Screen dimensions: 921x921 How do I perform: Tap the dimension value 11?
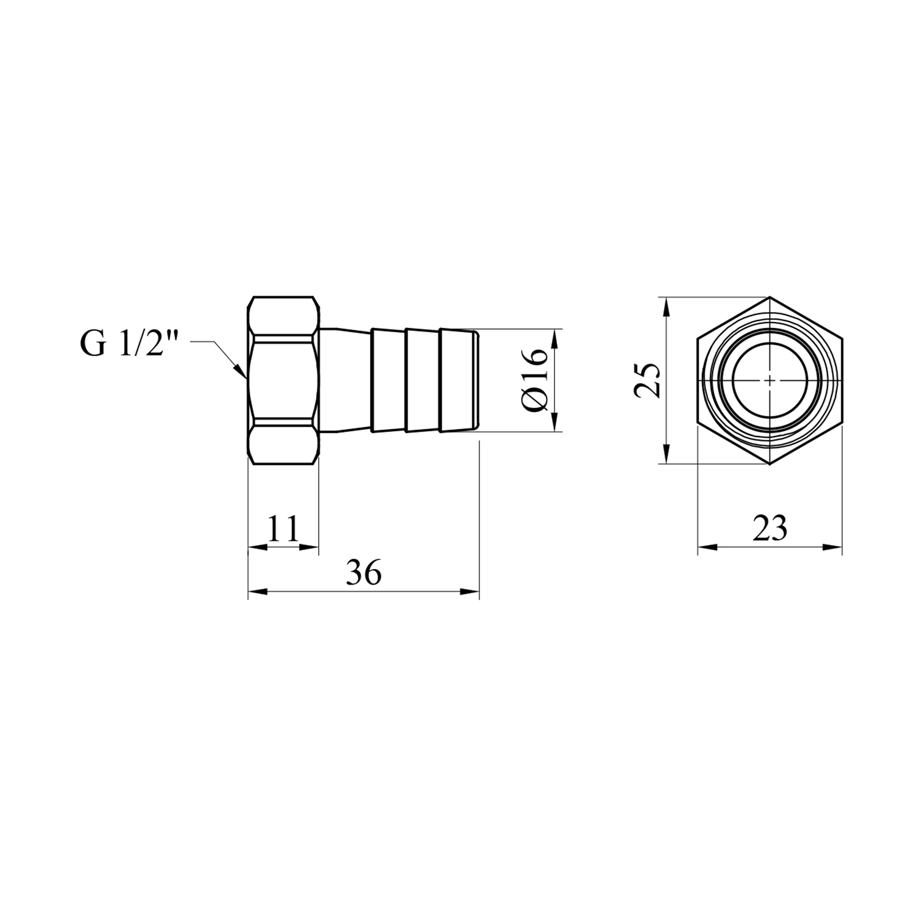tap(283, 529)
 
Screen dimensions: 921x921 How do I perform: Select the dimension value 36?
tap(363, 573)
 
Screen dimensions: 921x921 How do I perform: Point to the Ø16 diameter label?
tap(532, 379)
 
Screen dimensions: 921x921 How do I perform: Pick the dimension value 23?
tap(770, 528)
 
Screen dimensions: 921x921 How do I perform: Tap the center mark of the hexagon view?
tap(770, 381)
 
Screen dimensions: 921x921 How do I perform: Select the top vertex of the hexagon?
tap(770, 298)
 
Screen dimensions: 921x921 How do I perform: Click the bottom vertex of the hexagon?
tap(770, 464)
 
